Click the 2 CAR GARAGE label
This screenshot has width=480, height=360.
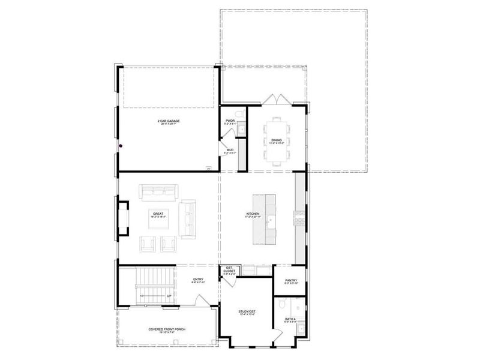169,121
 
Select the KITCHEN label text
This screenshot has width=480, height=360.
253,214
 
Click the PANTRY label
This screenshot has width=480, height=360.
290,280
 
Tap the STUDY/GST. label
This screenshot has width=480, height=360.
247,312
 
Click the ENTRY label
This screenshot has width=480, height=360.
198,280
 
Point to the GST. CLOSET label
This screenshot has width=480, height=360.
229,271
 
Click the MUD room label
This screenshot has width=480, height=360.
230,151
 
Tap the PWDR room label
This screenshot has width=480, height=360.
230,121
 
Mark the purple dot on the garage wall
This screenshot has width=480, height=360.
120,145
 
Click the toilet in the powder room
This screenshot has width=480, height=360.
238,113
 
